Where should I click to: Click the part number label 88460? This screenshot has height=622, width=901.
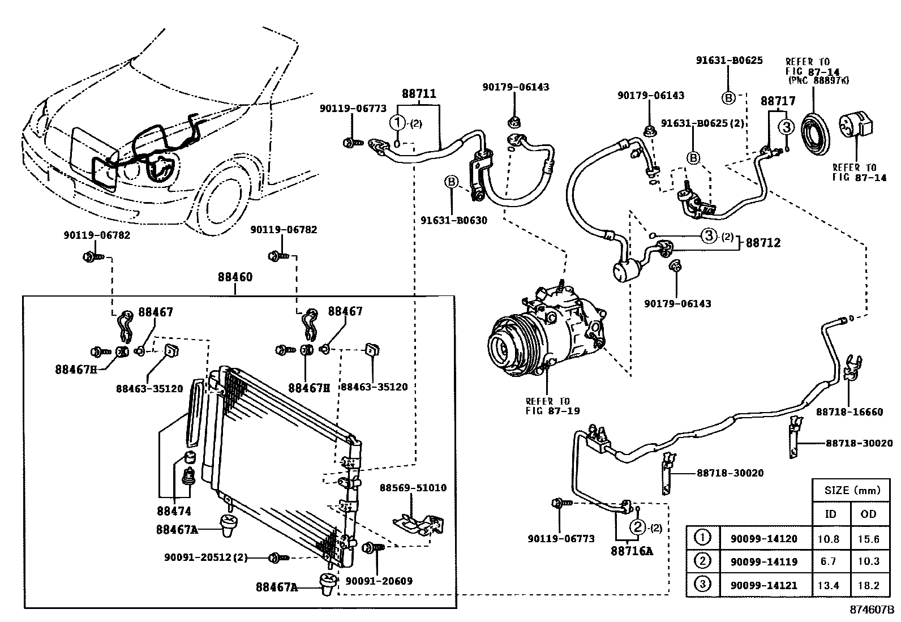point(235,277)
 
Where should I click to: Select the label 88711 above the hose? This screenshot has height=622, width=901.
point(419,93)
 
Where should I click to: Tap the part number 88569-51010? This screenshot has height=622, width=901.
point(413,487)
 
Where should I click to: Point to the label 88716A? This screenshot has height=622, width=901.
point(632,550)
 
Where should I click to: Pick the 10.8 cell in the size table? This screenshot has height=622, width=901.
point(829,539)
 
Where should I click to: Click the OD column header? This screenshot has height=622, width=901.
point(868,514)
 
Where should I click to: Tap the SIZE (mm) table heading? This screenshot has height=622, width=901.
point(852,490)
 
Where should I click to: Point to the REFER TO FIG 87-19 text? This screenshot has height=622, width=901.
point(547,406)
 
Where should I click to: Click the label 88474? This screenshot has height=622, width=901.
point(174,511)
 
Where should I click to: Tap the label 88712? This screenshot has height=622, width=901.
point(763,243)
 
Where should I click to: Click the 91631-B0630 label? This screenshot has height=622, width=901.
point(454,220)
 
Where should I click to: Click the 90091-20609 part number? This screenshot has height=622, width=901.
point(379,581)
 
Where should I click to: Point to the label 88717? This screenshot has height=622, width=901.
point(778,101)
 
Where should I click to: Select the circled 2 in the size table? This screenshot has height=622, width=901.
point(702,561)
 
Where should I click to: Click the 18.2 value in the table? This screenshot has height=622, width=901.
point(868,585)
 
